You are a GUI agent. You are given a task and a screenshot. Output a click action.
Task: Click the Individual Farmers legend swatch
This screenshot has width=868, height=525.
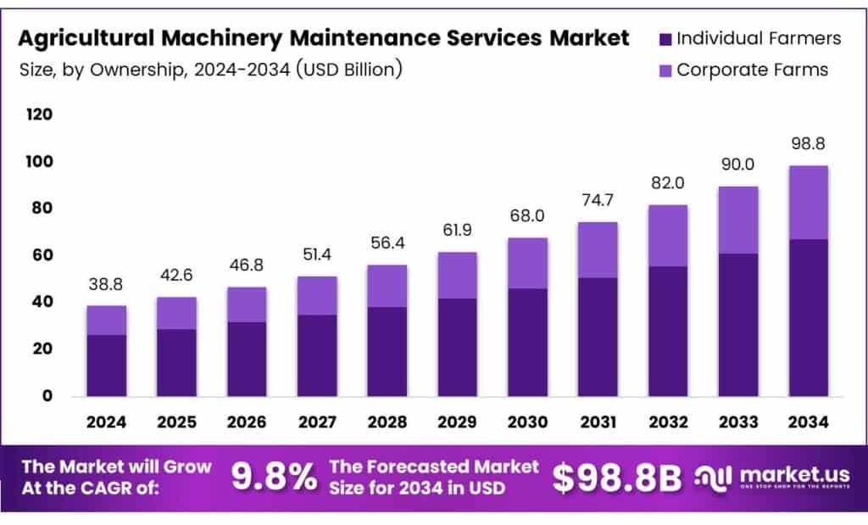pos(665,39)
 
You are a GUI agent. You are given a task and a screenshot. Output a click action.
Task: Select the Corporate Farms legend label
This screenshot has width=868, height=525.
pos(751,70)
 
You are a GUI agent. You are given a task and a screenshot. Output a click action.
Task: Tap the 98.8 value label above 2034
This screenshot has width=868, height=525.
pos(808,143)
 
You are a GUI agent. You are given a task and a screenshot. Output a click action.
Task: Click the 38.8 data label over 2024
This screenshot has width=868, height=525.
pos(106,284)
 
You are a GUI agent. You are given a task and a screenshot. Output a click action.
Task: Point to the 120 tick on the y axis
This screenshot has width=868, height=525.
pos(40,114)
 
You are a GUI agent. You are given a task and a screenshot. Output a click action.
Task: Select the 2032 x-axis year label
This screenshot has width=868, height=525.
pos(668,422)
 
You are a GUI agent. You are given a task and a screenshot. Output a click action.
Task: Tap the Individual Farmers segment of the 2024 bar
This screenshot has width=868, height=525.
pos(106,365)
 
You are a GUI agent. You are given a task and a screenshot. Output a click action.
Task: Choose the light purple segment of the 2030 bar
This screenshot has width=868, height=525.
pos(527,263)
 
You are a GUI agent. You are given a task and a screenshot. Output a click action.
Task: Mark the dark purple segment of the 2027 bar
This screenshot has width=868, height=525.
pos(317,355)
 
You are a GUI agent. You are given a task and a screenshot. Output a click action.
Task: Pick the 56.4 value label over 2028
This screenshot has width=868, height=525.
pos(387,243)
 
